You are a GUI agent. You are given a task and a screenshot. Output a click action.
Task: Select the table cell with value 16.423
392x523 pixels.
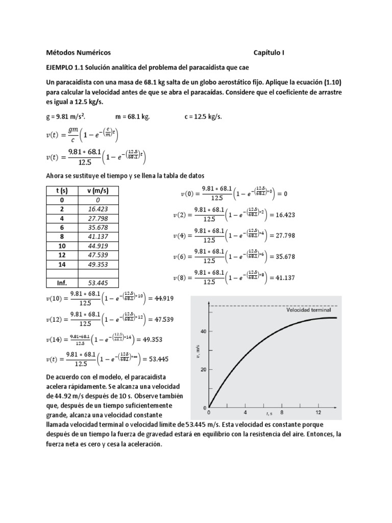98,209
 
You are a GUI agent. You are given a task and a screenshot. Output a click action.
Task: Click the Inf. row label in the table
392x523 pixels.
60,283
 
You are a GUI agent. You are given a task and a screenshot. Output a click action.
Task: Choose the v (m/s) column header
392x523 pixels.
98,191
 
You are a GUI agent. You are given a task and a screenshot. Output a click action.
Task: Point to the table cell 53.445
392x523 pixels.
98,283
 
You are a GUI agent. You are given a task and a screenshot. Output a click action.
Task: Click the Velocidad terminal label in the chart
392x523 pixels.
308,310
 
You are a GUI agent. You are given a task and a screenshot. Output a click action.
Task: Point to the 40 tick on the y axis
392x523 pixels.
203,331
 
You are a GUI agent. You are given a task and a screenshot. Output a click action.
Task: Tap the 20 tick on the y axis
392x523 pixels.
203,369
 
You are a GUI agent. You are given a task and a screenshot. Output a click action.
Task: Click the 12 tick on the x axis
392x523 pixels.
318,412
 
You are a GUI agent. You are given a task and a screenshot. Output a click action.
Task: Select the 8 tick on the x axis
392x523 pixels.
281,412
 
